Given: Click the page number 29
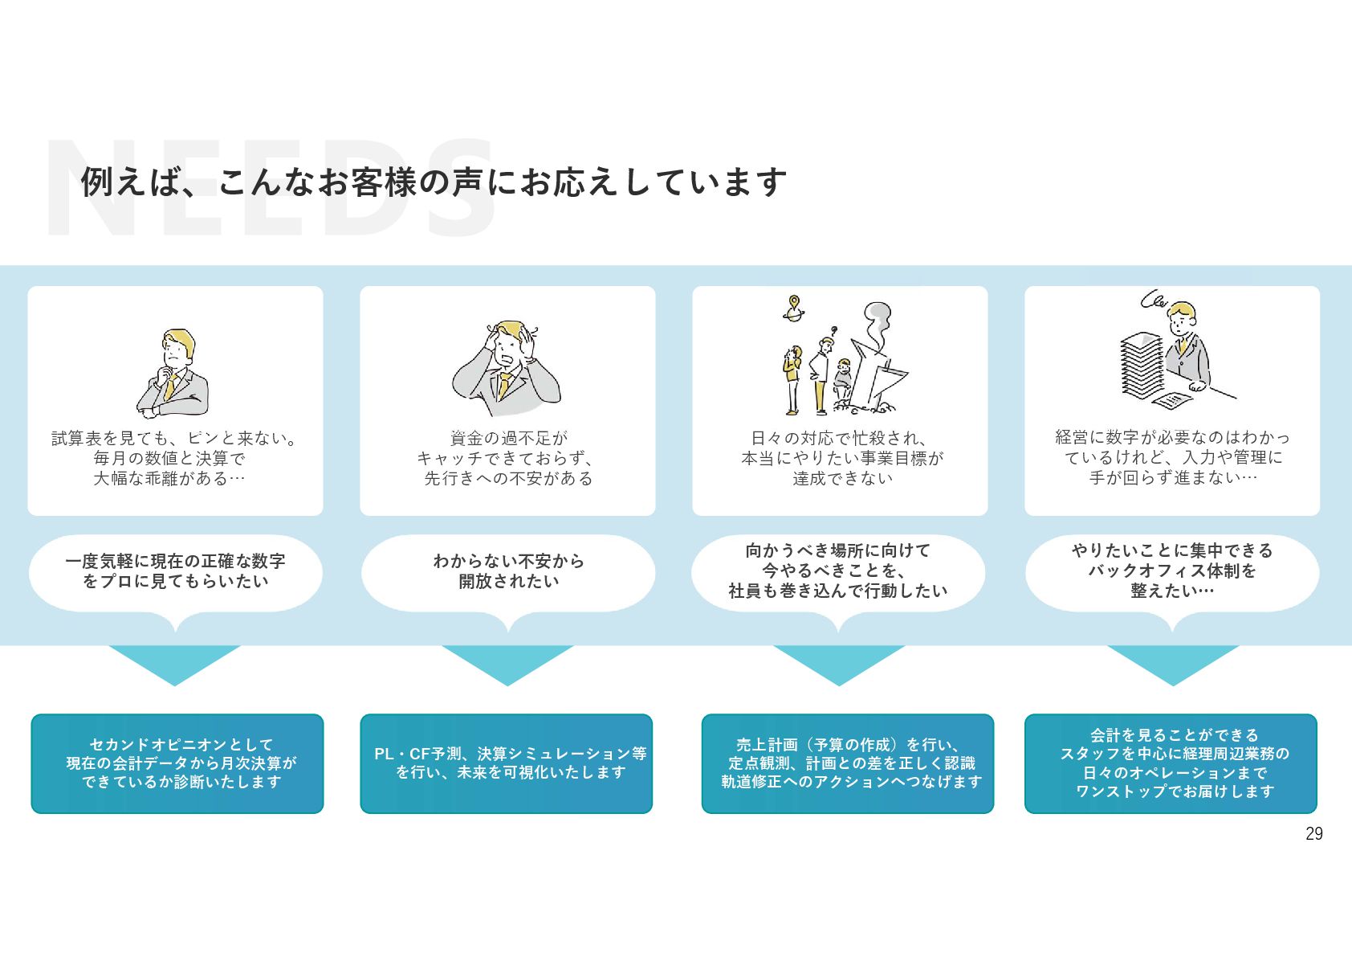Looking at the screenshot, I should (x=1313, y=834).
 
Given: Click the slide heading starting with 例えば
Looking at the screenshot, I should (x=434, y=182).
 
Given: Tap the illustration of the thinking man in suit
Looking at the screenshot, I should (x=173, y=374).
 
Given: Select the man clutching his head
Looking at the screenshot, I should (x=507, y=368).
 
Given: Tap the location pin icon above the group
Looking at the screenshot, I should (x=794, y=307).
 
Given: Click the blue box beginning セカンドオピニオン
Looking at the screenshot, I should (x=177, y=763).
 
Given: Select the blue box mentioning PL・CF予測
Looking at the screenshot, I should (x=507, y=763).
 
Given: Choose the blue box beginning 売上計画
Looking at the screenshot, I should (x=848, y=763).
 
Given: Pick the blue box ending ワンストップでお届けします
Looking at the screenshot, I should (x=1171, y=763).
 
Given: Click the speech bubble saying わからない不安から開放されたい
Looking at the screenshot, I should (x=508, y=571).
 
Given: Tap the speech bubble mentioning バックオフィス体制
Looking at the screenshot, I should (x=1172, y=571).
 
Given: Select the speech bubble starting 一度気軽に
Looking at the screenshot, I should (x=176, y=571).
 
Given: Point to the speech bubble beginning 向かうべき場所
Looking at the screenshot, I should (x=838, y=571).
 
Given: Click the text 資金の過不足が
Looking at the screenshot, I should (x=508, y=439).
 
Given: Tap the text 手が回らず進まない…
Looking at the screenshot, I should (x=1172, y=478).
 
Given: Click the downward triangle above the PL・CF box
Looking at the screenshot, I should (x=507, y=664).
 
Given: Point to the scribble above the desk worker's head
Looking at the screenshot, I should (x=1154, y=301).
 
